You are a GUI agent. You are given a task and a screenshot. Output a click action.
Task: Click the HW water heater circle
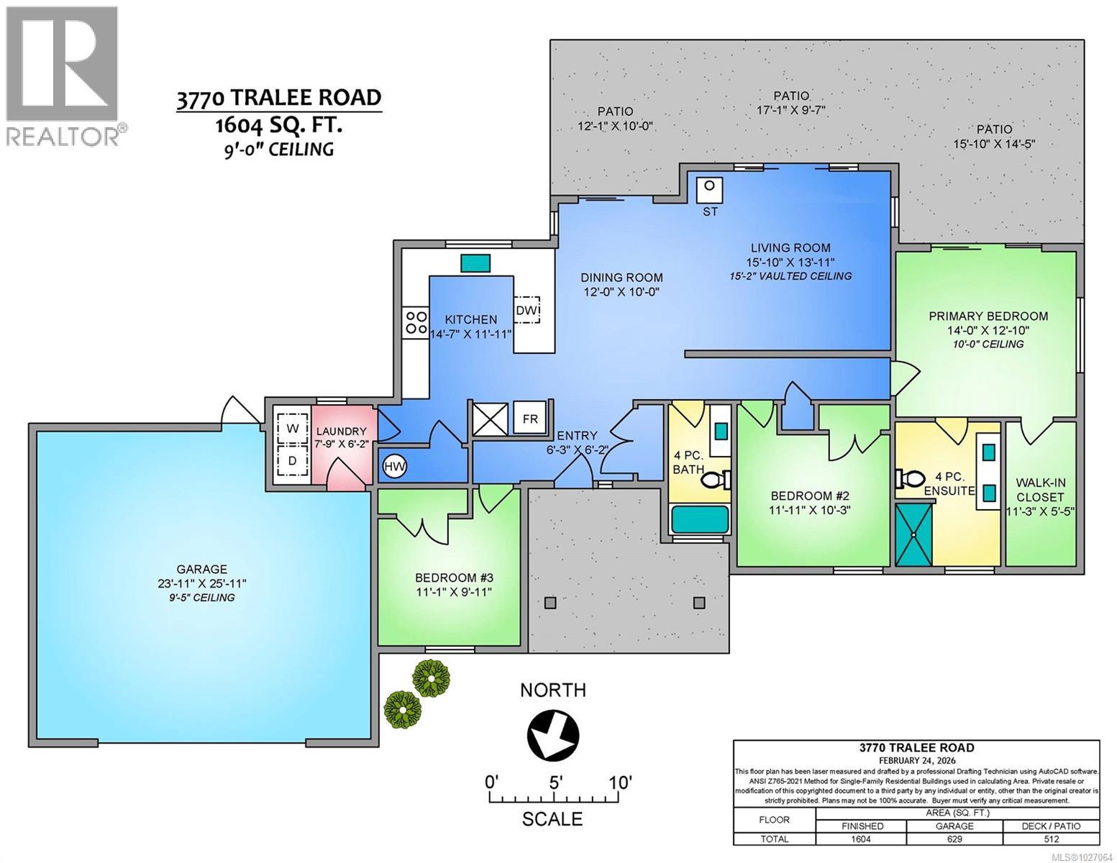click(394, 467)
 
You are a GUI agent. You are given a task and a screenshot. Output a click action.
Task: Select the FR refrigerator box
click(529, 419)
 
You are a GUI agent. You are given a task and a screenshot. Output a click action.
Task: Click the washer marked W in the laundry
click(292, 429)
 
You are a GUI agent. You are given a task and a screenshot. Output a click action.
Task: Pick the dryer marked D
click(292, 461)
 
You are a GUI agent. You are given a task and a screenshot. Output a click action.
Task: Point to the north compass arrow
click(553, 734)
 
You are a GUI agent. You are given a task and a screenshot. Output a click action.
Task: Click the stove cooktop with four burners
click(415, 321)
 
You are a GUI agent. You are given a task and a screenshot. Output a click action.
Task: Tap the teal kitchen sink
click(475, 262)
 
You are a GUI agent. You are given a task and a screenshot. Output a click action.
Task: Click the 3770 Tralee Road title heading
click(279, 98)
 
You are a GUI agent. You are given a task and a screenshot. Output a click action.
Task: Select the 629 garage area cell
click(954, 839)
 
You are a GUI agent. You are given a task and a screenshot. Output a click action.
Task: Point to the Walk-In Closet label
click(1039, 490)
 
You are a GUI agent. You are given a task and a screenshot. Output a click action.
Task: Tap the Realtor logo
click(63, 76)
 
